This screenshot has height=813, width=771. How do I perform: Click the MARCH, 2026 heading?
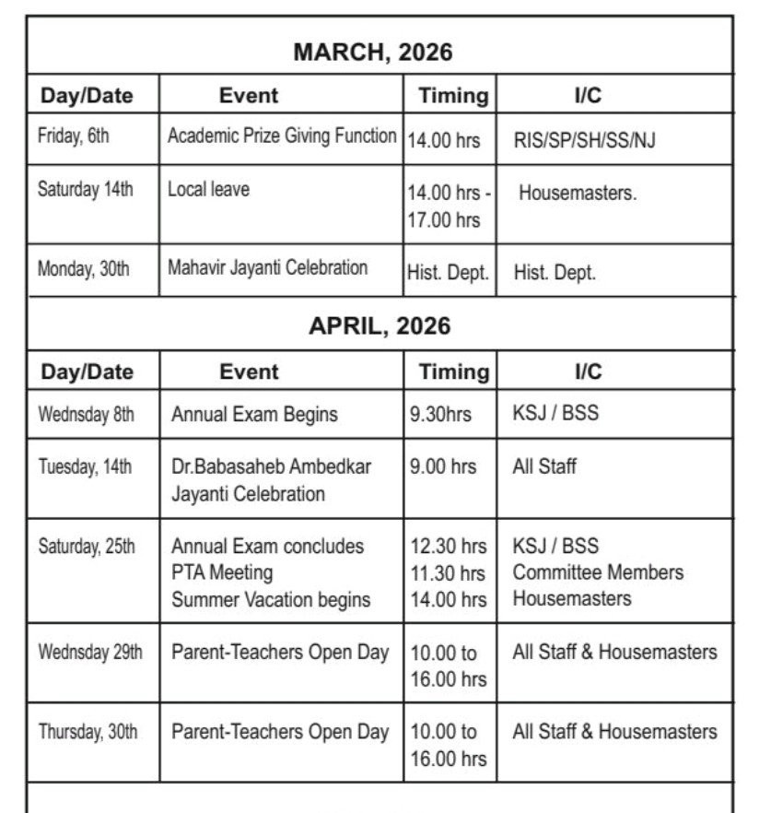pos(372,53)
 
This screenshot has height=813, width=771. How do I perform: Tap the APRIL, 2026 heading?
pos(380,326)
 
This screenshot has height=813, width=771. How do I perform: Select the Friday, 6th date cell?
pos(73,136)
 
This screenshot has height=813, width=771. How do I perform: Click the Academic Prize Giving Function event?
pos(282,135)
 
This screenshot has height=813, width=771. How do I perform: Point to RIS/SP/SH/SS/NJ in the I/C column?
pos(585,141)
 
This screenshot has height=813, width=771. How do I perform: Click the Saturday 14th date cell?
pos(85,190)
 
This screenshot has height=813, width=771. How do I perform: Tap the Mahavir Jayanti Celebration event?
pos(267,268)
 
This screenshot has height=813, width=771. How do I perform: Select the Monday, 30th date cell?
pos(83,269)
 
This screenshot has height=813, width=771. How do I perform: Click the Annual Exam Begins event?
pos(254,415)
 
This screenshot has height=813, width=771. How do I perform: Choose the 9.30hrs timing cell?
pos(440,415)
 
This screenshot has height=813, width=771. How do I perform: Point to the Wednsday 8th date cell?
pos(86,415)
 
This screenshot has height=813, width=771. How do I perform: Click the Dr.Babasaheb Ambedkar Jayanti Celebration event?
pos(271,479)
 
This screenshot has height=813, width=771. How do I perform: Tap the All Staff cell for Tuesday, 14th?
pos(544,466)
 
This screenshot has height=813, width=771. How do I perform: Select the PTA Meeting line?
pos(222,572)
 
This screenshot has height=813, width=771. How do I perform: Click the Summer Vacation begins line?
pos(271,599)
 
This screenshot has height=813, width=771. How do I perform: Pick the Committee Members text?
pos(598,572)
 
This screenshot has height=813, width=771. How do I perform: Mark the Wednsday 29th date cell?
pos(89,653)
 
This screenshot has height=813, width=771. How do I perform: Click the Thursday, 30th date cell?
pos(88,733)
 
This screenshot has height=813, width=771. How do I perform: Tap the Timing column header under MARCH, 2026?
pos(453,95)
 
